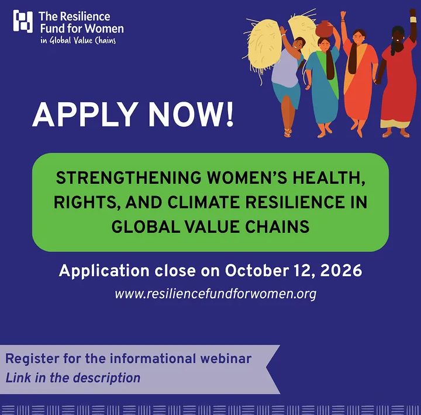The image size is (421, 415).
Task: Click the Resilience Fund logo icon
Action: pyautogui.click(x=23, y=21)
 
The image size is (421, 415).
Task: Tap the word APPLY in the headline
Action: pyautogui.click(x=84, y=115)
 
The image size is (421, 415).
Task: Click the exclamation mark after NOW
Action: pyautogui.click(x=229, y=115)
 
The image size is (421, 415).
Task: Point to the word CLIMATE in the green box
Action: pyautogui.click(x=203, y=202)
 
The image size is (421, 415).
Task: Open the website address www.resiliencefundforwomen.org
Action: pyautogui.click(x=216, y=294)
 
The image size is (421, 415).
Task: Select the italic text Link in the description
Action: pyautogui.click(x=73, y=378)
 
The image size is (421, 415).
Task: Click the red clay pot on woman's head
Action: pyautogui.click(x=324, y=29)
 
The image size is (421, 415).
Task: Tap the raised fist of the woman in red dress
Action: pyautogui.click(x=413, y=13)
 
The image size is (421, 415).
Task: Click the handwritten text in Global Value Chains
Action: pyautogui.click(x=78, y=40)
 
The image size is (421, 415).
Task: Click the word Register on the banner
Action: pyautogui.click(x=32, y=359)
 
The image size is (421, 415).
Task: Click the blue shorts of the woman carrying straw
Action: pyautogui.click(x=287, y=94)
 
